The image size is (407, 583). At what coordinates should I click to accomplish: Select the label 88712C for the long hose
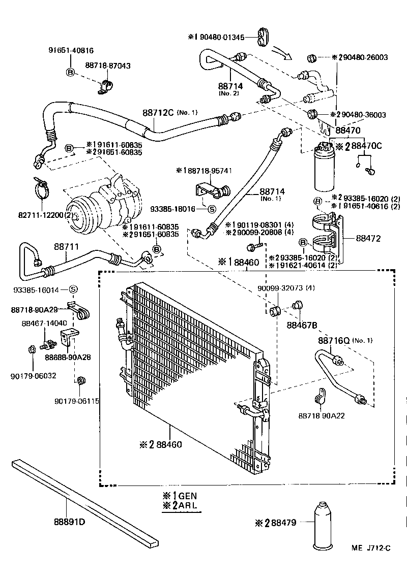[x=158, y=112]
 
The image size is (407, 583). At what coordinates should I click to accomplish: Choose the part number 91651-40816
[x=71, y=51]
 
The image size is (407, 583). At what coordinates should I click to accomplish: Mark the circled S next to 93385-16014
[x=73, y=289]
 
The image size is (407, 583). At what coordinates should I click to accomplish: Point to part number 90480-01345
[x=222, y=37]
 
